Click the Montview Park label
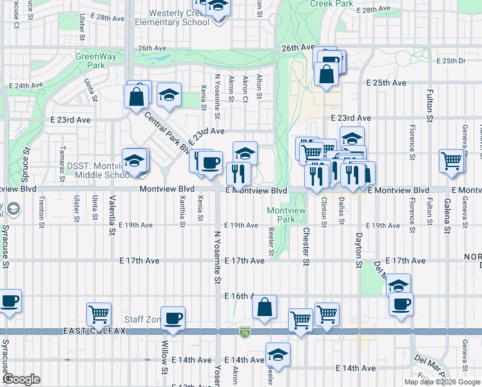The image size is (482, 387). coord(282,215)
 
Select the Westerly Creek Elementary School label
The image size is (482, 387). coord(171,17)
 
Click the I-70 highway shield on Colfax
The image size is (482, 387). coord(243,331)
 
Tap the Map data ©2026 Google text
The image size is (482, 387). coord(442,382)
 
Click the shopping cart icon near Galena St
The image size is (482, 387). coord(451,162)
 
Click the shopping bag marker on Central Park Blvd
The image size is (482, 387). coord(137,98)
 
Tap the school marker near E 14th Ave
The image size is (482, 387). coord(278,354)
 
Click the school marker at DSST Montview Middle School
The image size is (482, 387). coord(134,161)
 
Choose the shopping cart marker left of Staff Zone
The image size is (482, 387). coord(99,315)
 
